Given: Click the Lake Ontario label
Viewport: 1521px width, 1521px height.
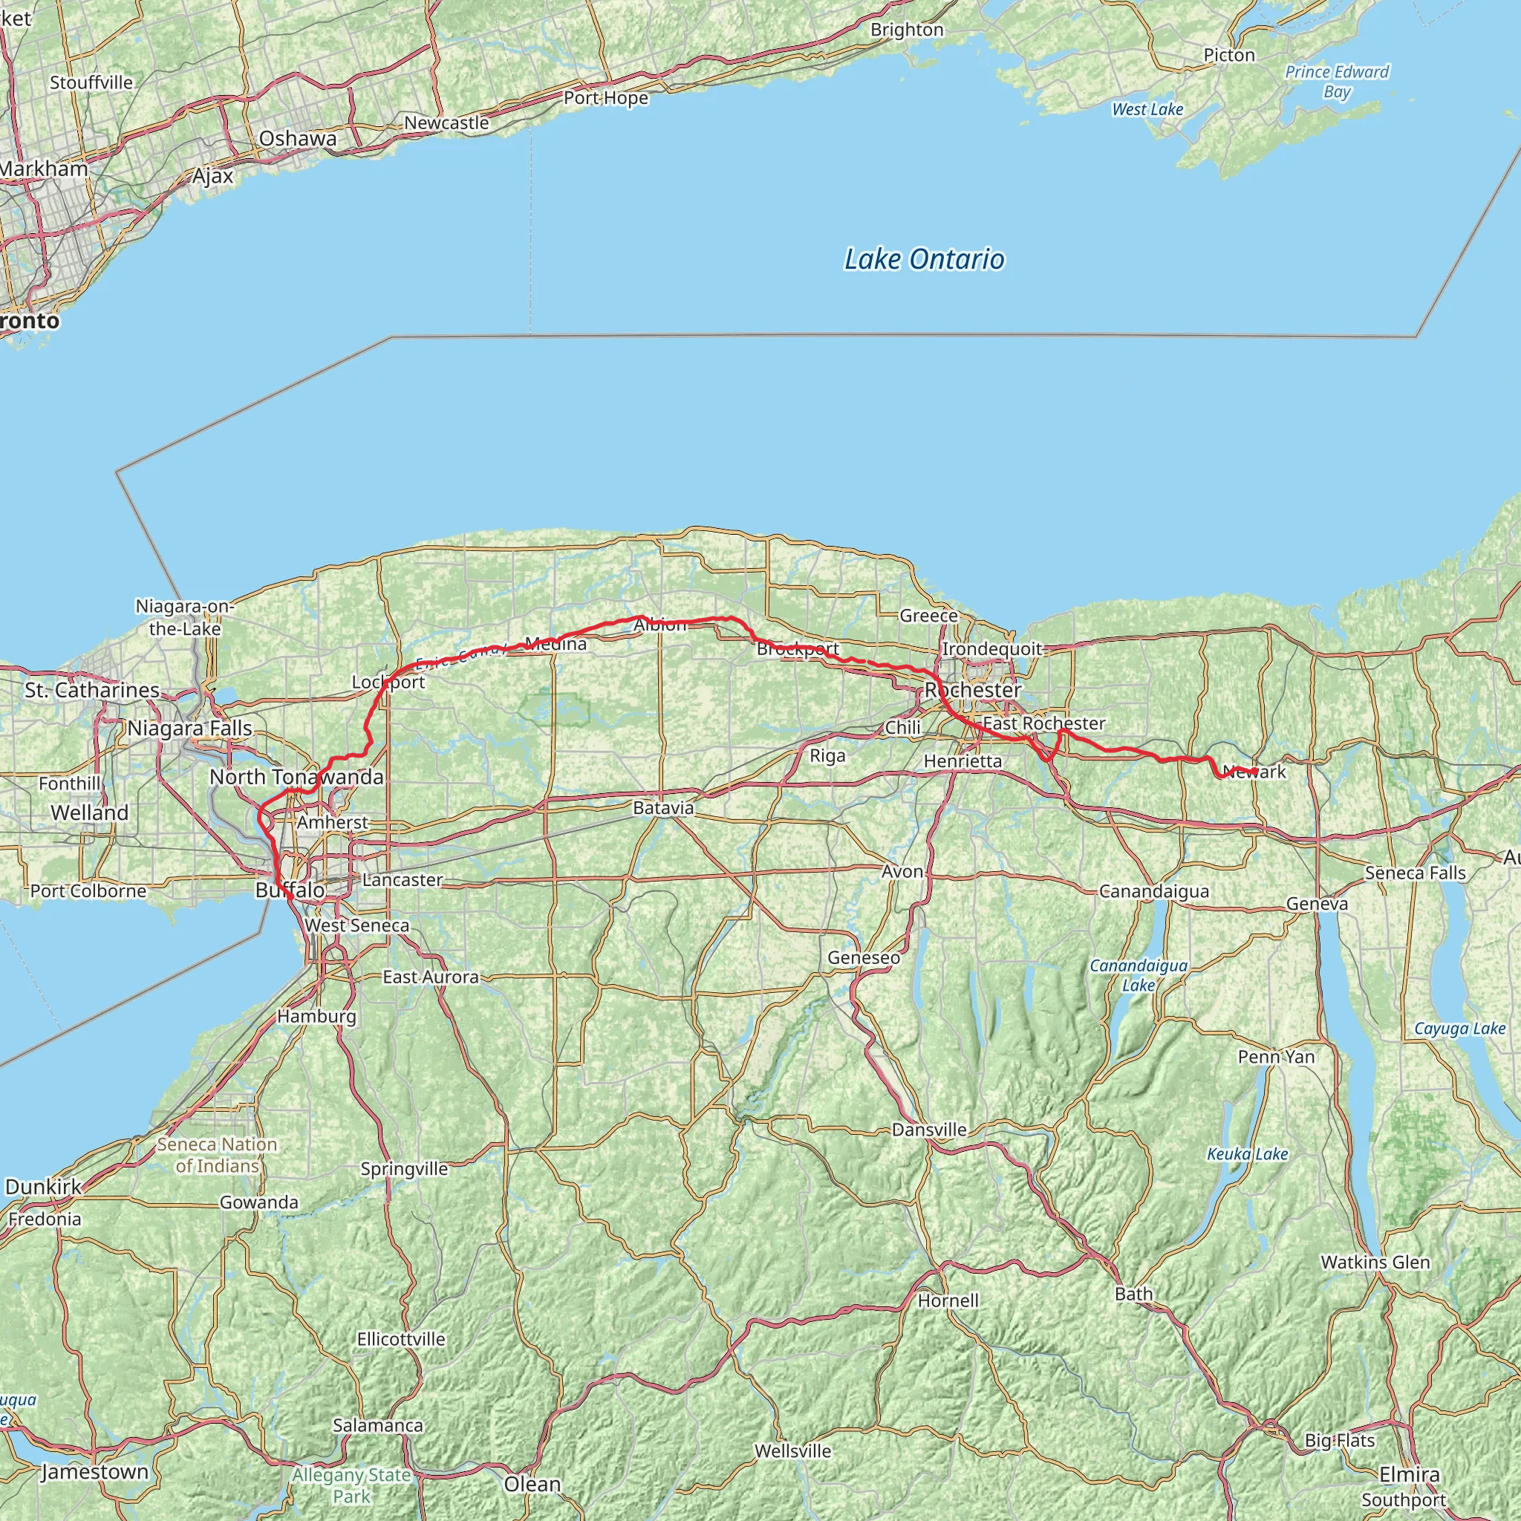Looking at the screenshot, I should point(923,260).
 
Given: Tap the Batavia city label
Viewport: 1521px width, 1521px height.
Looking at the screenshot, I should point(663,808).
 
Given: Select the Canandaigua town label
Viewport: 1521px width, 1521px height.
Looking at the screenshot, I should point(1153,891).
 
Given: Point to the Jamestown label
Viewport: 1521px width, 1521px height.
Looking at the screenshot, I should point(94,1471).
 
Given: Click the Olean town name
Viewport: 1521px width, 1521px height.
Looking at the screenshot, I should point(532,1484).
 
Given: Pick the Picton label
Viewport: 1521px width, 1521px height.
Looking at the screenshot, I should point(1228,55).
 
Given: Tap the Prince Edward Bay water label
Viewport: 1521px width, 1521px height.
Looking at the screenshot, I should point(1336,81).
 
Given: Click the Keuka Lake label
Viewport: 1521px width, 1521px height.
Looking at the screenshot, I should point(1247,1154).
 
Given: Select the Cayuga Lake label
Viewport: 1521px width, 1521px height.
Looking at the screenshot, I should point(1459,1028).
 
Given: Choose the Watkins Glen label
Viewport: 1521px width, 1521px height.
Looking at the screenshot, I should point(1375,1262).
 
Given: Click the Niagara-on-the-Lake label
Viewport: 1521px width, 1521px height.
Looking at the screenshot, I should point(185,617).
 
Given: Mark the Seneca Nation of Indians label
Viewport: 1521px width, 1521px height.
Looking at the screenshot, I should point(217,1155).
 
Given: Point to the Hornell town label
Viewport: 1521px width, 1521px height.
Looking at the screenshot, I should point(948,1300).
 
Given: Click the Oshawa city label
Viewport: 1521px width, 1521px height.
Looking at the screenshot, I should point(298,139).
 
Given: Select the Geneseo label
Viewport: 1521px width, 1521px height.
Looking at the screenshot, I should point(863,957).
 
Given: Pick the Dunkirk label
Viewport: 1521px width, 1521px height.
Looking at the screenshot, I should point(43,1188).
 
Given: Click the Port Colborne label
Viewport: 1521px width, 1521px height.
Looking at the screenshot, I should point(88,891).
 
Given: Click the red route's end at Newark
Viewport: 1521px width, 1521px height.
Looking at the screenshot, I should point(1255,770).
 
